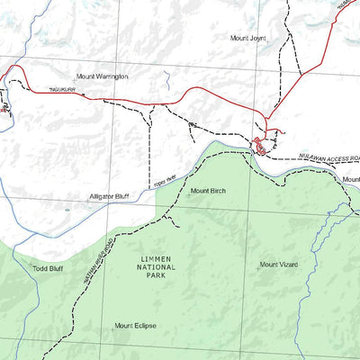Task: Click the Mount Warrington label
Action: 102,77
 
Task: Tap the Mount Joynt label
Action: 248,39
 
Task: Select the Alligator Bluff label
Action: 109,196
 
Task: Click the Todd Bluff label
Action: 47,268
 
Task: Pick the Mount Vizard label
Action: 278,265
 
